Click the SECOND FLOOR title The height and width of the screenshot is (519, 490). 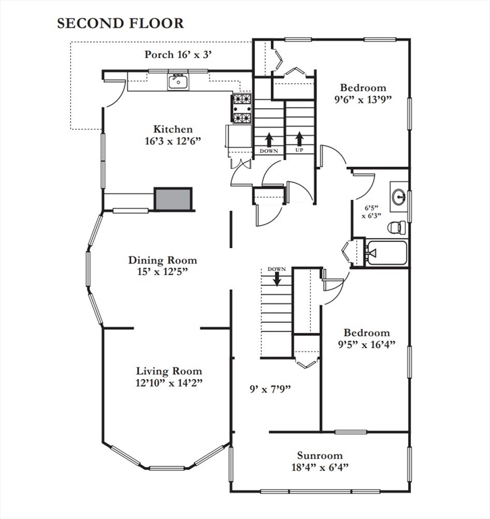pos(120,24)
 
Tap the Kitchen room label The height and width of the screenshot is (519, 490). pos(173,129)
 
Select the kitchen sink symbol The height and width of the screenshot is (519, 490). pos(178,82)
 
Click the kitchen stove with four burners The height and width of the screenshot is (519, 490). pos(243,108)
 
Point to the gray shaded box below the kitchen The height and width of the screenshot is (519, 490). pos(174,199)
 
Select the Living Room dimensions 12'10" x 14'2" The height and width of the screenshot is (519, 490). pos(169,382)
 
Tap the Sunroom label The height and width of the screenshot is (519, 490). pos(320,455)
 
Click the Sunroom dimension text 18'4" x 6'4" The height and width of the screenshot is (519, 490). pos(320,467)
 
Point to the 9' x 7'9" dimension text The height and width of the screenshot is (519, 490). pos(270,389)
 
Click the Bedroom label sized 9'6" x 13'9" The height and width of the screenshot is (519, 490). pos(363,88)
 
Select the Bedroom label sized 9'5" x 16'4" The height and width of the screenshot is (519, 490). pos(367,332)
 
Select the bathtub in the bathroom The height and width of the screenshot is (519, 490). pos(385,253)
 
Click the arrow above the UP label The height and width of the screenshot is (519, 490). pos(299,139)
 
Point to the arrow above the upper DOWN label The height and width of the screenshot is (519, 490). pos(269,139)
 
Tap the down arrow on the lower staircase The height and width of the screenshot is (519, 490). pos(276,278)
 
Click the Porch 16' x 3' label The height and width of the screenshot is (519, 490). pos(179,55)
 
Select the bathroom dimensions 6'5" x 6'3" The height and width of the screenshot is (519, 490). pos(371,212)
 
